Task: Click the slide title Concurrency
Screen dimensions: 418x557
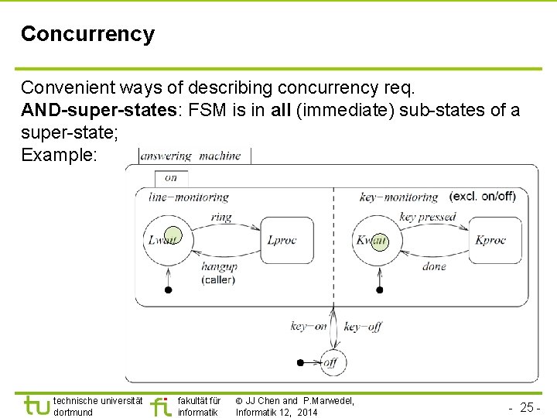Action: tap(87, 34)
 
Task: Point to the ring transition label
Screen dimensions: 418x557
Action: tap(220, 218)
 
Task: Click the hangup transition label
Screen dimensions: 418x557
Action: tap(219, 266)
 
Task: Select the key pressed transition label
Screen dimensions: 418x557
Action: tap(428, 217)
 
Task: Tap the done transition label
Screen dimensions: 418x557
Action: tap(434, 266)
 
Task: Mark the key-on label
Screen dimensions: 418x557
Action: tap(309, 327)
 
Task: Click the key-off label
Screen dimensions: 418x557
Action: tap(362, 327)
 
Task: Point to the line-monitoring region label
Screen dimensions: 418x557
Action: tap(189, 197)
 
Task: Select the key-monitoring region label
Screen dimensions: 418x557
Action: tap(398, 197)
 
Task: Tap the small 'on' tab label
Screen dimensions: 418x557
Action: tap(171, 177)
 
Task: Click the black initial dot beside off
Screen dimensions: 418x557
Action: tap(301, 362)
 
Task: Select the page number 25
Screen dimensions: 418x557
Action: tap(528, 407)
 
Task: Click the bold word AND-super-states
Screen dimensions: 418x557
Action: tap(99, 111)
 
